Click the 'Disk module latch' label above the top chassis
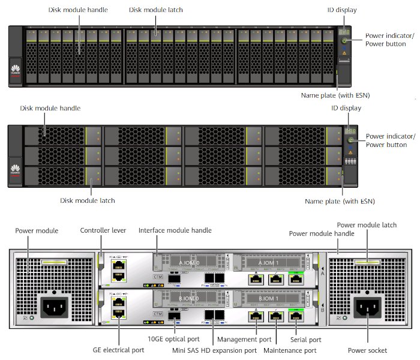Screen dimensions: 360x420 [x=155, y=10]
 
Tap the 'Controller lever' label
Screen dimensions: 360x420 [x=100, y=230]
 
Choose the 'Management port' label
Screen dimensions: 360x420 [x=245, y=340]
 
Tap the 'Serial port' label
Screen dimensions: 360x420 [x=307, y=340]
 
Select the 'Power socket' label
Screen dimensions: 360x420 [x=367, y=350]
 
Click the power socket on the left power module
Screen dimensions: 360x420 [x=53, y=308]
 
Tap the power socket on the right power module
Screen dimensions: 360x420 [x=367, y=308]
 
